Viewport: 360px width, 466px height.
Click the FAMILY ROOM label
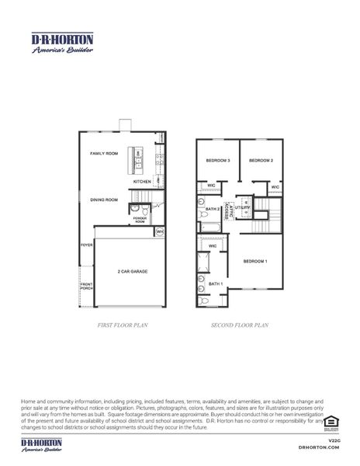coord(103,154)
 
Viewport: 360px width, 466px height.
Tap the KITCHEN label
coord(142,182)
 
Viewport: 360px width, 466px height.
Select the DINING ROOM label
coord(103,200)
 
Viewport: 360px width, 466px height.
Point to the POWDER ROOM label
coord(140,220)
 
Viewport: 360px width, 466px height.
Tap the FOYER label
coord(86,245)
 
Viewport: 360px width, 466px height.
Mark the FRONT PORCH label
coord(87,287)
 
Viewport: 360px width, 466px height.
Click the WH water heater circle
coord(159,231)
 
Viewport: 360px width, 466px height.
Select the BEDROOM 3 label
coord(217,160)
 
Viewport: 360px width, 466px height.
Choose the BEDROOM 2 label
coord(261,160)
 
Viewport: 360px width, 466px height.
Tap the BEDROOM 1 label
coord(255,261)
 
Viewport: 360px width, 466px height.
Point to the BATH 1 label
coord(216,284)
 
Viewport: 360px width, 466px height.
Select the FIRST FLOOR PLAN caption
coord(121,326)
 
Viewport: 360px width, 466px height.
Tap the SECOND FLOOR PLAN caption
coord(239,326)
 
